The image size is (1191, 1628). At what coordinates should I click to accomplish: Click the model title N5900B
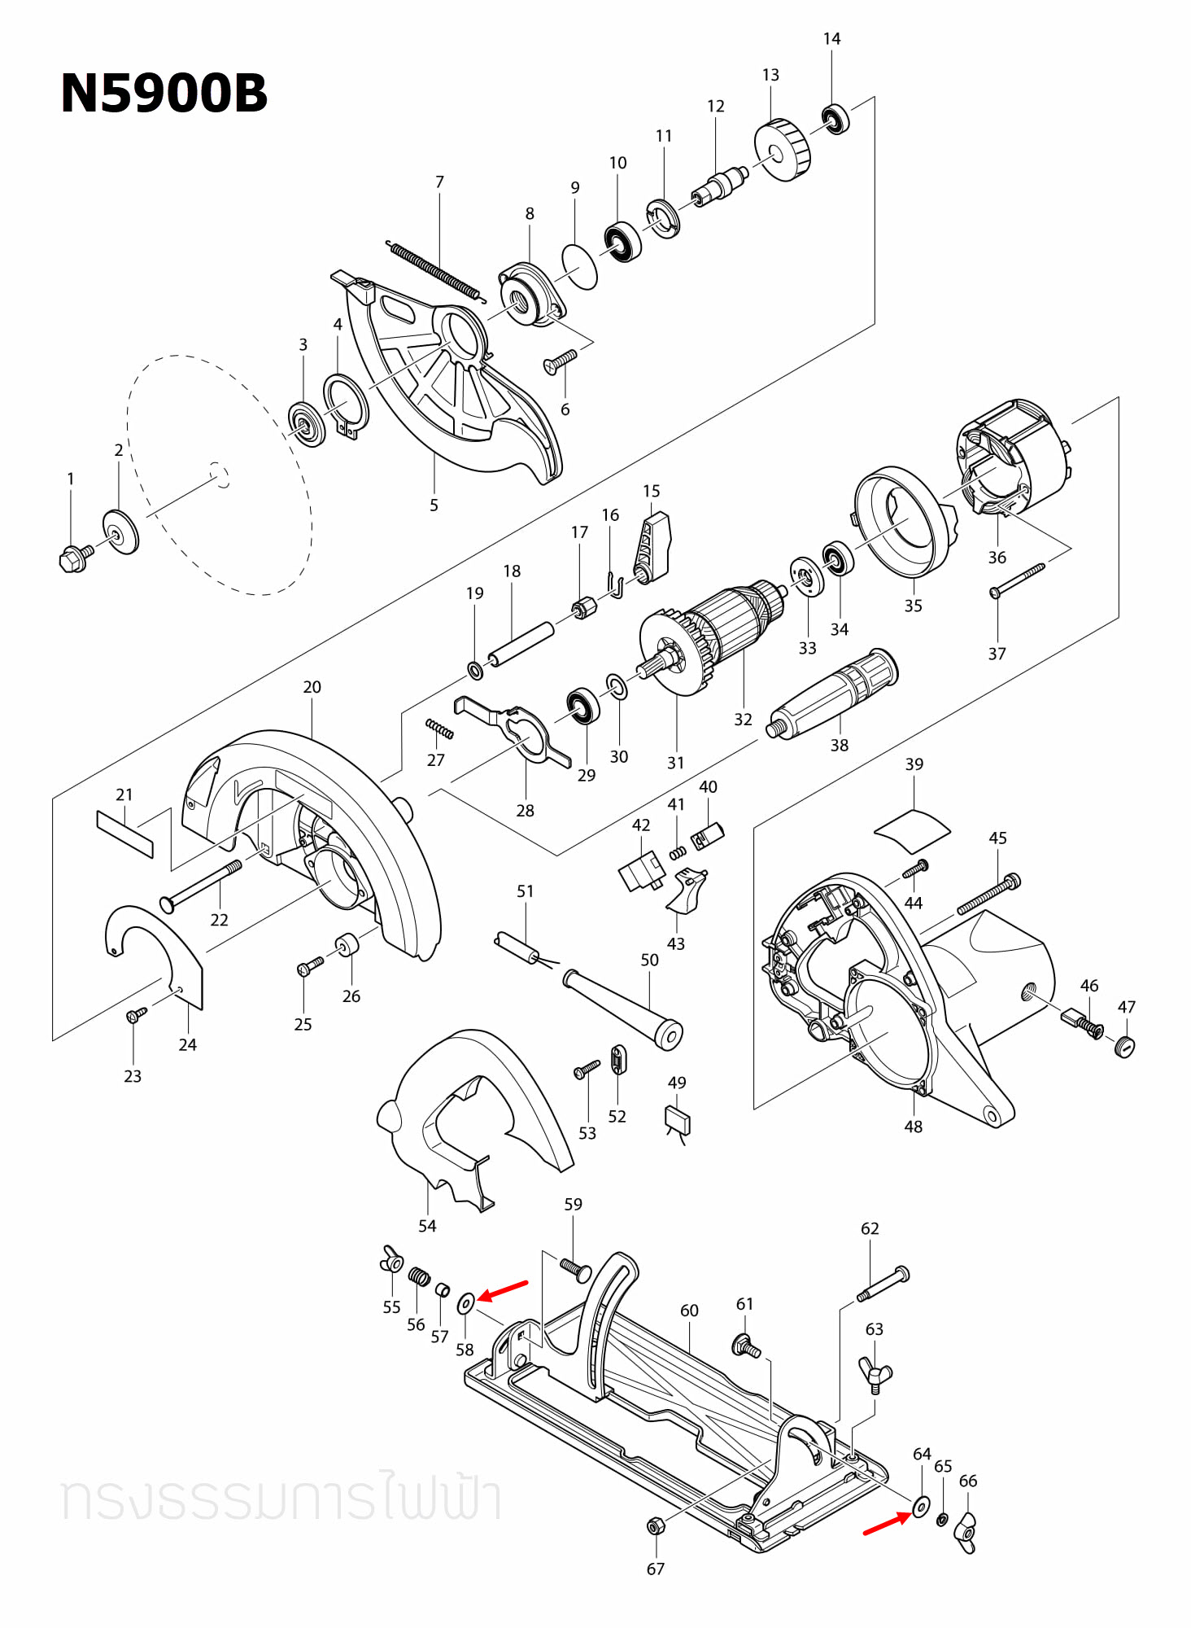[164, 93]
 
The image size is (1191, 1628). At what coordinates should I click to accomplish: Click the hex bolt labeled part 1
[75, 558]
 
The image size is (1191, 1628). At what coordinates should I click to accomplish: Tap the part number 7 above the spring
[439, 182]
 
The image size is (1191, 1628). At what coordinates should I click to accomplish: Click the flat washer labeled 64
[921, 1506]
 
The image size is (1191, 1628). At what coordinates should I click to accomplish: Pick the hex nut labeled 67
[655, 1525]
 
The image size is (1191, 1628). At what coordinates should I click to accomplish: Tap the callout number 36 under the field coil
[997, 558]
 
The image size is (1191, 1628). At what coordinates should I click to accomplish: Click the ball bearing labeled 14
[835, 120]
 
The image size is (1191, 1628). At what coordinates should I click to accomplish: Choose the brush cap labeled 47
[1124, 1046]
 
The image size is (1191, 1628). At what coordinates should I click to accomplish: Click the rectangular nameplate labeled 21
[124, 834]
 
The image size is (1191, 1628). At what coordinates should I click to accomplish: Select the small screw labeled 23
[135, 1015]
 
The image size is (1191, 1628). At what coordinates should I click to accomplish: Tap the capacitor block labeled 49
[678, 1120]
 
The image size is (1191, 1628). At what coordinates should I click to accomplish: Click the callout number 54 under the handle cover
[427, 1226]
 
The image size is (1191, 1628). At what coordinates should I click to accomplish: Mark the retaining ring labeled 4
[345, 404]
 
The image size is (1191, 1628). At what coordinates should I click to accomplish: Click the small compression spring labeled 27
[439, 729]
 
